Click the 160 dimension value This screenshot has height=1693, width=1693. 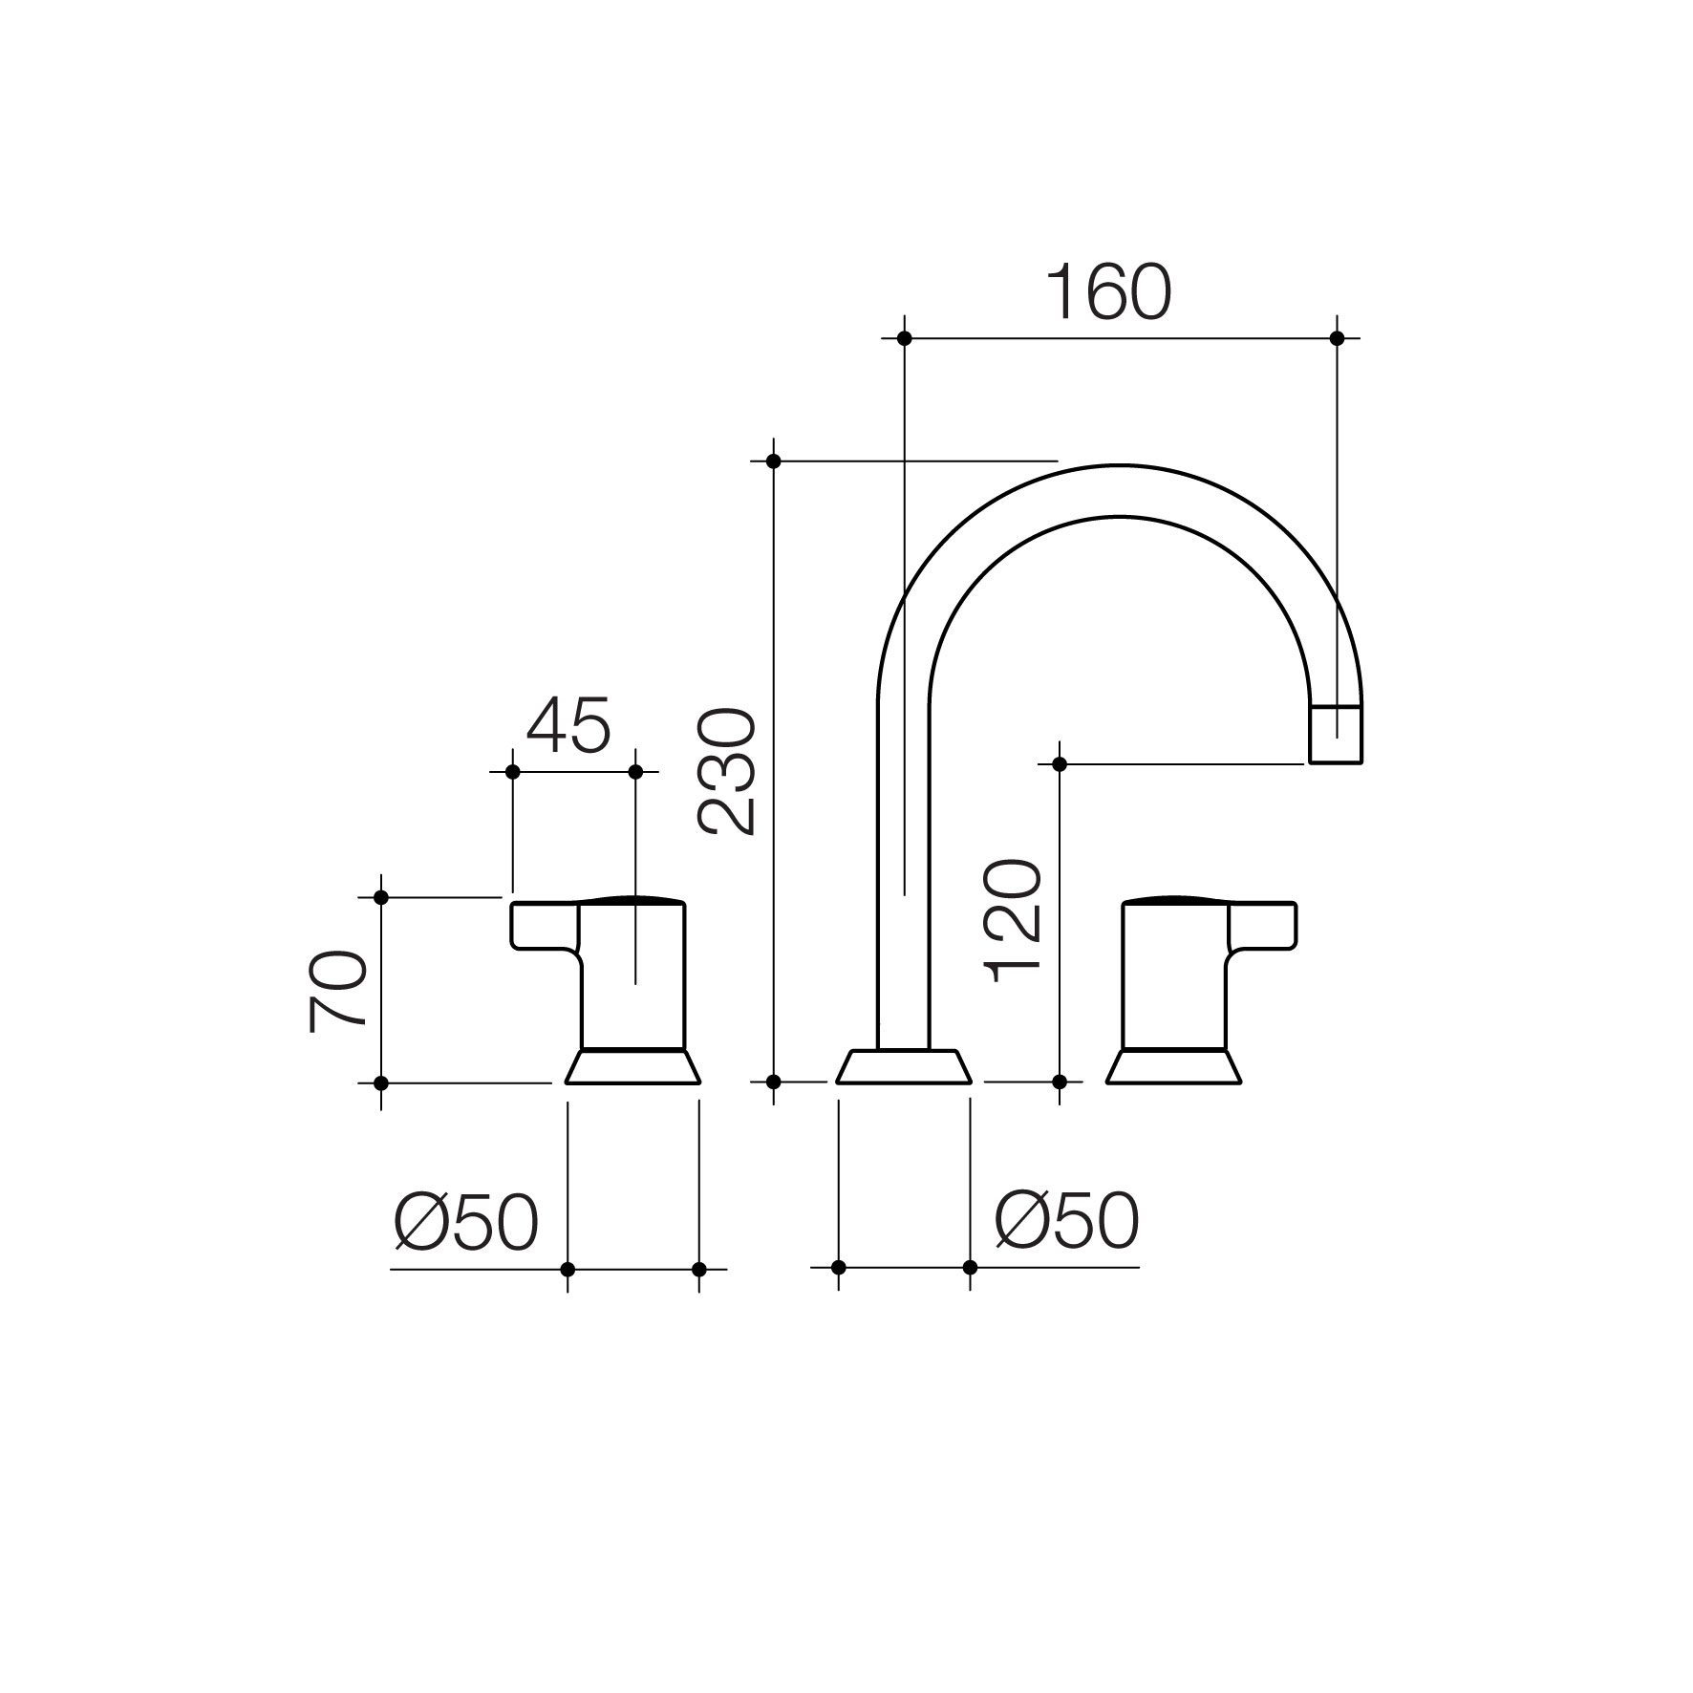pyautogui.click(x=1108, y=291)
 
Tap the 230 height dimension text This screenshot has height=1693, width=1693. pyautogui.click(x=728, y=772)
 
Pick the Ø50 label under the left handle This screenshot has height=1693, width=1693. pyautogui.click(x=466, y=1221)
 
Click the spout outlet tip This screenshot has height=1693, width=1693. pyautogui.click(x=1335, y=735)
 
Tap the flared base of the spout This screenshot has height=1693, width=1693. pyautogui.click(x=904, y=1066)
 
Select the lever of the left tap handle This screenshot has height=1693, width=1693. pyautogui.click(x=546, y=926)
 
